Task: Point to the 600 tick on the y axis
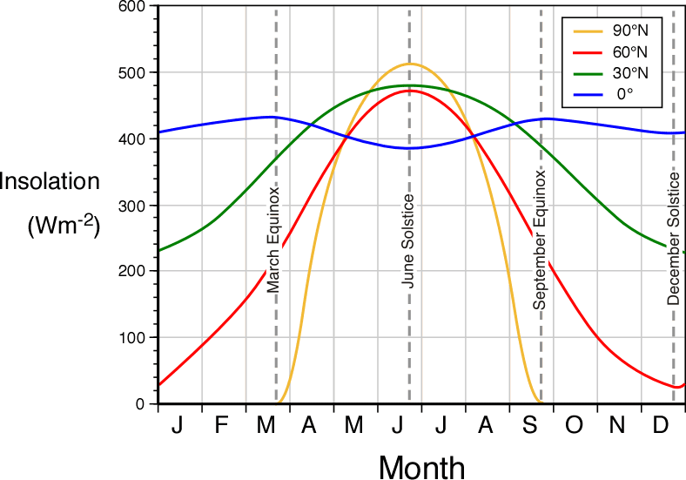click(135, 7)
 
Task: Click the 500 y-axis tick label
click(135, 72)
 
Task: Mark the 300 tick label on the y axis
click(135, 206)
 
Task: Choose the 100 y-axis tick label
click(135, 338)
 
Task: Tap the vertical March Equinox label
click(272, 238)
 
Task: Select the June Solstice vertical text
click(407, 242)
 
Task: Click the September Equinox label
click(540, 240)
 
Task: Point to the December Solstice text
click(674, 238)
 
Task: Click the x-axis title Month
click(421, 466)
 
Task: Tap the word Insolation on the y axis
click(50, 183)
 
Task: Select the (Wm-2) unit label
click(64, 226)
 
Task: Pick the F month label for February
click(222, 424)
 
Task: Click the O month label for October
click(575, 424)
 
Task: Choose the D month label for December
click(661, 424)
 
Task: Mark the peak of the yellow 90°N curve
click(409, 64)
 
